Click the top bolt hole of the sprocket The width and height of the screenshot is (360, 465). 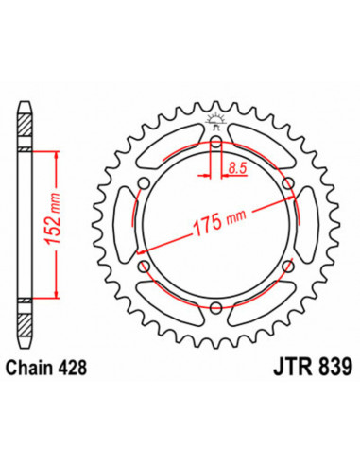point(216,145)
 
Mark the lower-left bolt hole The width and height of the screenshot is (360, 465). point(146,266)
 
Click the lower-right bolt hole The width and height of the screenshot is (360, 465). point(286,266)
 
